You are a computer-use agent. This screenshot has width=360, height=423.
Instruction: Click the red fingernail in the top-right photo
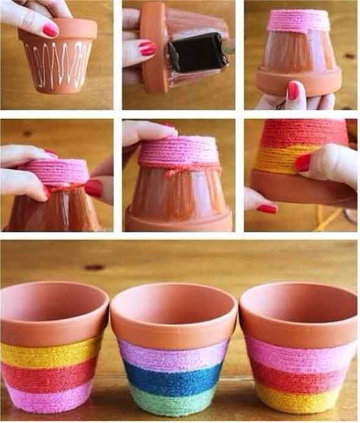(x=293, y=90)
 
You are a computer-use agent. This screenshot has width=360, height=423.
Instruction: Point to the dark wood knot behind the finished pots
(x=94, y=267)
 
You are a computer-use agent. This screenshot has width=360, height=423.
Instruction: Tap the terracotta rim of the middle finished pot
(x=174, y=323)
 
